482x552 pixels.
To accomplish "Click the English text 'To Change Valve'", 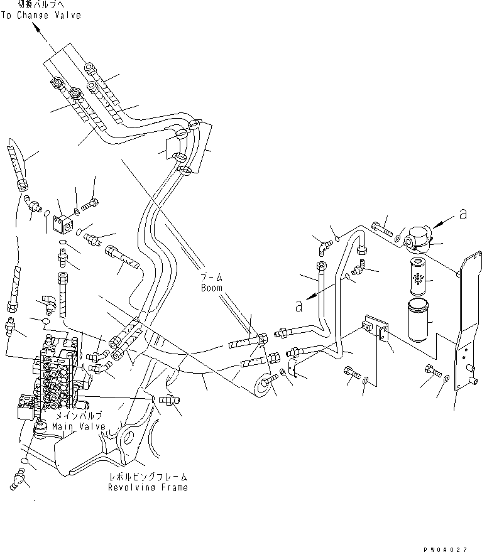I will pos(40,15).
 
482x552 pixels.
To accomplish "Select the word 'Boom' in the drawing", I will pos(212,288).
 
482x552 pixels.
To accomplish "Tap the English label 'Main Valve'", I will pos(80,427).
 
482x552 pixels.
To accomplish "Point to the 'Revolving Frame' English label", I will pos(147,487).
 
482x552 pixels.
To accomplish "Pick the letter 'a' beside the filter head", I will pos(463,215).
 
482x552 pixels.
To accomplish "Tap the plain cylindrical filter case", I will pos(417,320).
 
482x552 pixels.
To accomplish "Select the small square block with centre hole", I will pos(63,222).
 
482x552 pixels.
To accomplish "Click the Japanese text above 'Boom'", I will pos(212,278).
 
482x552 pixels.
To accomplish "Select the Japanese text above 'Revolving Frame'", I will pos(147,477).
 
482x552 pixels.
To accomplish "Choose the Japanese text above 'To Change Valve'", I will pos(41,5).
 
